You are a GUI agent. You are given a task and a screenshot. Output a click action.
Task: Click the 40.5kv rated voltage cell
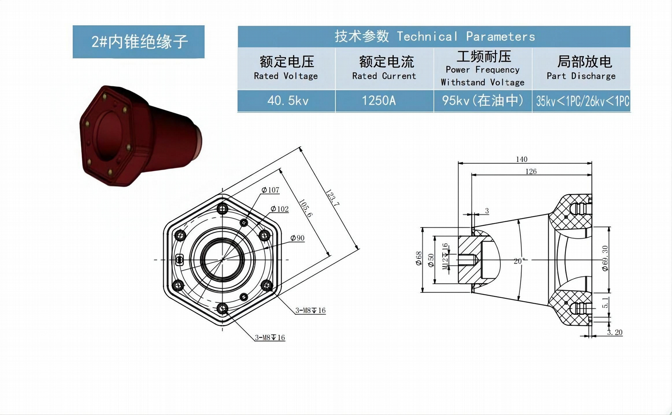pos(287,101)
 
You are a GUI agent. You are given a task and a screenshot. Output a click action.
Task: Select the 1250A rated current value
pos(379,101)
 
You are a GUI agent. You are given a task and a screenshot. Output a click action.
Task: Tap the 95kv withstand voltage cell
pos(483,101)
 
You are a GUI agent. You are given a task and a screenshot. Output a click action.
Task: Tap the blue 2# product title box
pos(138,42)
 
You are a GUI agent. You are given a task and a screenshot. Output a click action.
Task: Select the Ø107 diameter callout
pos(270,190)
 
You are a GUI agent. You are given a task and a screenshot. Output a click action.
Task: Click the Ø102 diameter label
pos(280,209)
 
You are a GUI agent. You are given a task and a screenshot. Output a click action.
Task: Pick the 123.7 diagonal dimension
pos(332,197)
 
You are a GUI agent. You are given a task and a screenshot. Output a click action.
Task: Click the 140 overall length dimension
pos(521,159)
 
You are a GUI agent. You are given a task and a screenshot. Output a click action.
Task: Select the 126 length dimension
pos(531,172)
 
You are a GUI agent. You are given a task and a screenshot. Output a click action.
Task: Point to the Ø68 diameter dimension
pos(419,259)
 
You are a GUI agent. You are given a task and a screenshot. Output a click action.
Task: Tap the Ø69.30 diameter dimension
pos(605,258)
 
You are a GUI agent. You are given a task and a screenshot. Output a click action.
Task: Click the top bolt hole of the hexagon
pos(222,209)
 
